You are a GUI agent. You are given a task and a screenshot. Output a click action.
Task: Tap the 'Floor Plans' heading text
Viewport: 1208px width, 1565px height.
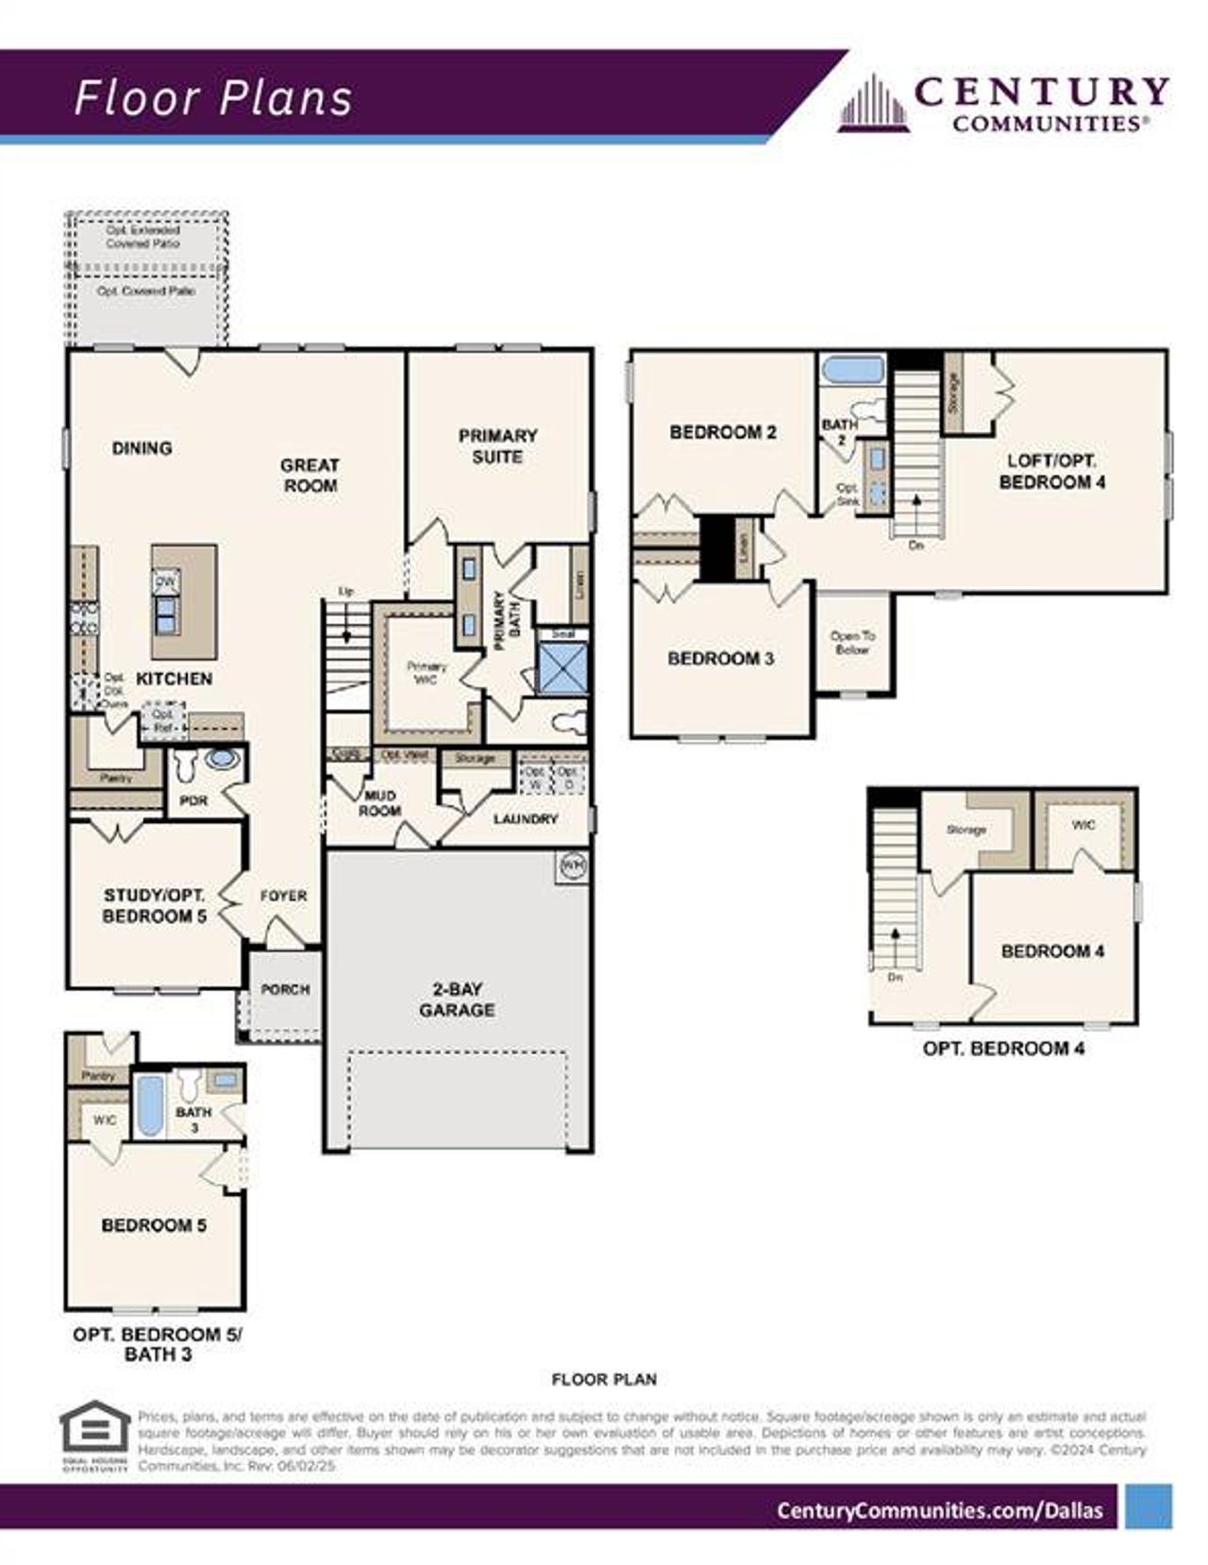(x=213, y=98)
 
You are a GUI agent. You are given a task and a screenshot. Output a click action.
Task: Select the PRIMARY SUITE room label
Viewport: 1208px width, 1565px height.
(x=497, y=446)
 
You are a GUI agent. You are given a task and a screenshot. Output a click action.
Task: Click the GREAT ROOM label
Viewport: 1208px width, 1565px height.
(x=310, y=475)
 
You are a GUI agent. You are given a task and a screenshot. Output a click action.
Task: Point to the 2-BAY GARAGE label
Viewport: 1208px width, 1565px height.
(x=457, y=1000)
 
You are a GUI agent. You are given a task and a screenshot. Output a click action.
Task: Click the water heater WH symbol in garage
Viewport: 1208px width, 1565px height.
(x=573, y=864)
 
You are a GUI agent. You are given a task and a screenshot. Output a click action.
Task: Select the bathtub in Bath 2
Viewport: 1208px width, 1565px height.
(x=851, y=369)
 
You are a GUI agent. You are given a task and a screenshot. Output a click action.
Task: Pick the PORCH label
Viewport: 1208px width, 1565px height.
(x=285, y=989)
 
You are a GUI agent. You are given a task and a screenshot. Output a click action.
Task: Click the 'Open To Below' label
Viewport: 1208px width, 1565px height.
(x=852, y=643)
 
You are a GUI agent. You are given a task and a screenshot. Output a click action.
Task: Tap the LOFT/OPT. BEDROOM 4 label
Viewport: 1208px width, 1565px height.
(x=1051, y=471)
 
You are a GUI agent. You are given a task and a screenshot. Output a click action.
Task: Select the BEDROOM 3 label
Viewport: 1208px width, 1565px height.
(x=721, y=658)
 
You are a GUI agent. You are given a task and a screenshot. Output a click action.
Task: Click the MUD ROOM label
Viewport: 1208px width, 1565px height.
(x=379, y=803)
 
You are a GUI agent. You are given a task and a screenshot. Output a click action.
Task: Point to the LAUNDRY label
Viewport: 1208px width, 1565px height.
(x=526, y=818)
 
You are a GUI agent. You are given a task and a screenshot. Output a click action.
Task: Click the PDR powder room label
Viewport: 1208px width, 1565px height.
(x=193, y=799)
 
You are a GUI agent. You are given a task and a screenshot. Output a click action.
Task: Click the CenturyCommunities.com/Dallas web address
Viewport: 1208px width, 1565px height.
(x=939, y=1509)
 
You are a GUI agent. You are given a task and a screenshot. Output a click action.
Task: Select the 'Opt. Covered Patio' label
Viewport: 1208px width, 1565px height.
(x=146, y=292)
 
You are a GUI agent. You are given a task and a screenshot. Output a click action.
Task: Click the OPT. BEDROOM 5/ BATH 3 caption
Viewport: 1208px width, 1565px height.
(x=158, y=1344)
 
